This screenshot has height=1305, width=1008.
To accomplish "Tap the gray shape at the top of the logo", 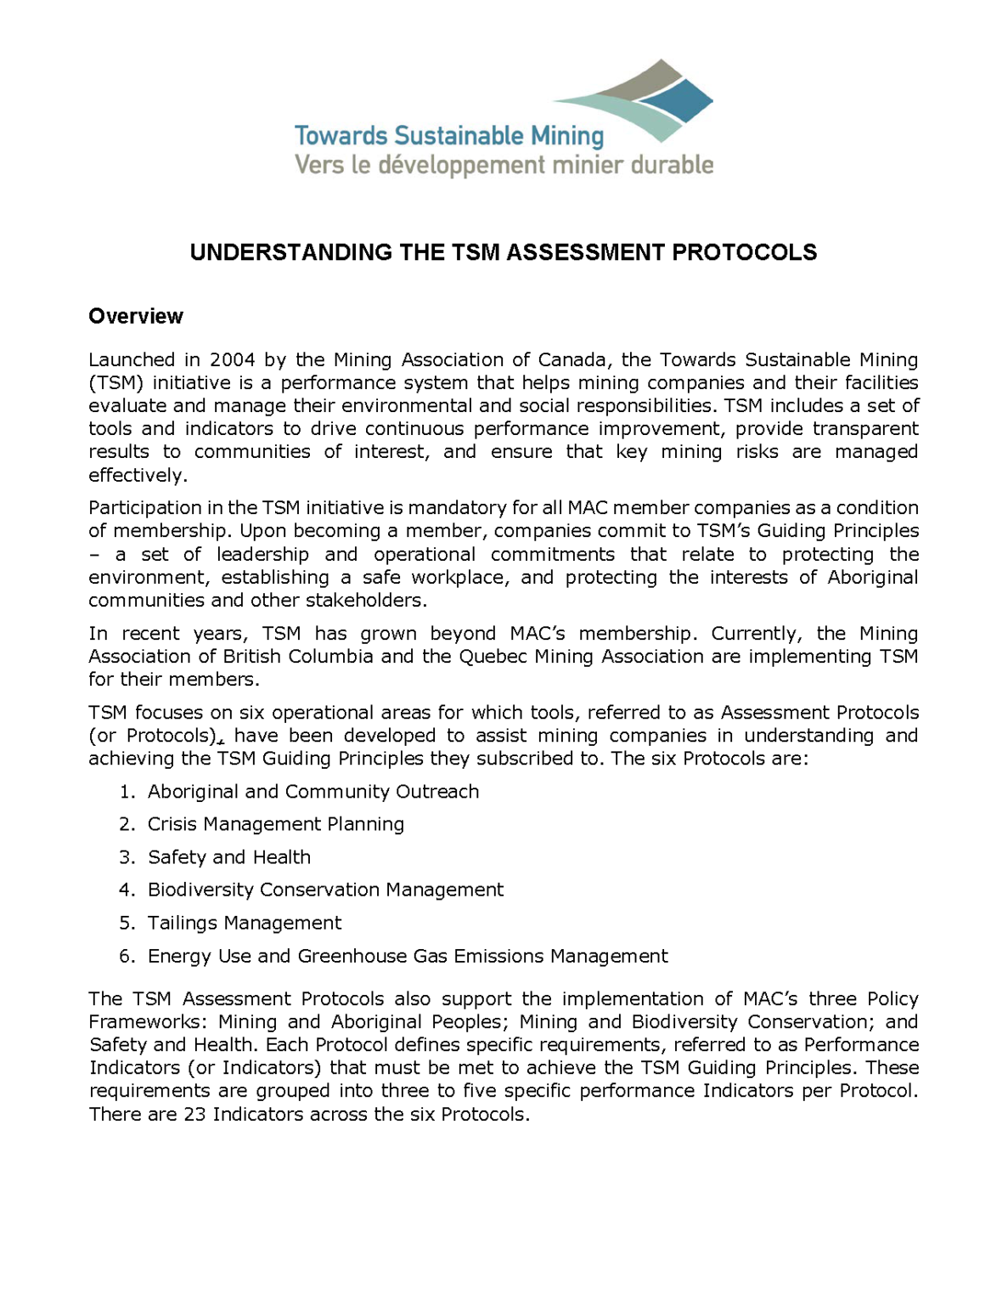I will pos(628,82).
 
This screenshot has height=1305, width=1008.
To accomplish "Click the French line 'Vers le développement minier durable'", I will pos(504,165).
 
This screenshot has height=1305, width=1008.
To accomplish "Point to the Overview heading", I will pos(136,316).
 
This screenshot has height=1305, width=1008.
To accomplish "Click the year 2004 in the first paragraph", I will pos(232,360).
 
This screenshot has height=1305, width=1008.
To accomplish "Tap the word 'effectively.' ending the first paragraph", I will pos(138,475).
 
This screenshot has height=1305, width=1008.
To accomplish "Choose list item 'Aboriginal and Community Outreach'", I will pos(313,792).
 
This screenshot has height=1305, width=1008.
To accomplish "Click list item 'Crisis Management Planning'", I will pos(276,824).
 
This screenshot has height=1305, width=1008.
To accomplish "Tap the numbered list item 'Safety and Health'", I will pos(229,857).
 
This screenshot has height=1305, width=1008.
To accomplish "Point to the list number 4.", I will pos(127,890).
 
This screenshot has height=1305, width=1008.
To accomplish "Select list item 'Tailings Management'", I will pos(245,924).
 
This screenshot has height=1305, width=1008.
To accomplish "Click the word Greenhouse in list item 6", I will pos(352,957).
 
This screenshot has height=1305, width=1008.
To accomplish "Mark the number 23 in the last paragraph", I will pos(194,1115).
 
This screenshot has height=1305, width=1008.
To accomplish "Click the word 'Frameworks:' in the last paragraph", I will pos(148,1022).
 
